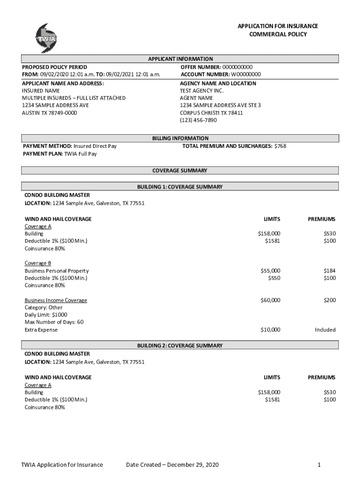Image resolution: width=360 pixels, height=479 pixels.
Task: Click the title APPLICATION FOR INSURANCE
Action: click(278, 26)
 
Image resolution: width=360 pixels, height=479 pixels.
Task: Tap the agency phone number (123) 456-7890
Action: click(199, 120)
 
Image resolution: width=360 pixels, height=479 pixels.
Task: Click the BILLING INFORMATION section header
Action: click(180, 138)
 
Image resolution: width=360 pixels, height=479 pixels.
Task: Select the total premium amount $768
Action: click(280, 146)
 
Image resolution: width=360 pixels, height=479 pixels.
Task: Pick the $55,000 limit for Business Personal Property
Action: click(270, 270)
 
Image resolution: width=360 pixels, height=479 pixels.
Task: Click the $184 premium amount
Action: click(330, 270)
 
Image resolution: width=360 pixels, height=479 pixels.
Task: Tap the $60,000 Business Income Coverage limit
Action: click(270, 300)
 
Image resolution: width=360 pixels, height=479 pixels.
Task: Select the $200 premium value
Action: click(330, 300)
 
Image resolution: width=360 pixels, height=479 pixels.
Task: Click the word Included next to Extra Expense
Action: click(325, 330)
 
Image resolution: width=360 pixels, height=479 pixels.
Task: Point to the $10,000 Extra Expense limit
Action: click(270, 330)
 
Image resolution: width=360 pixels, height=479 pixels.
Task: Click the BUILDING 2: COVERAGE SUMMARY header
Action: click(180, 346)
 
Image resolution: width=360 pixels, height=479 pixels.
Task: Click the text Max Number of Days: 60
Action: click(54, 322)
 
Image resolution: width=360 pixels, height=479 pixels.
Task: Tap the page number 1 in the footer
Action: click(318, 464)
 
